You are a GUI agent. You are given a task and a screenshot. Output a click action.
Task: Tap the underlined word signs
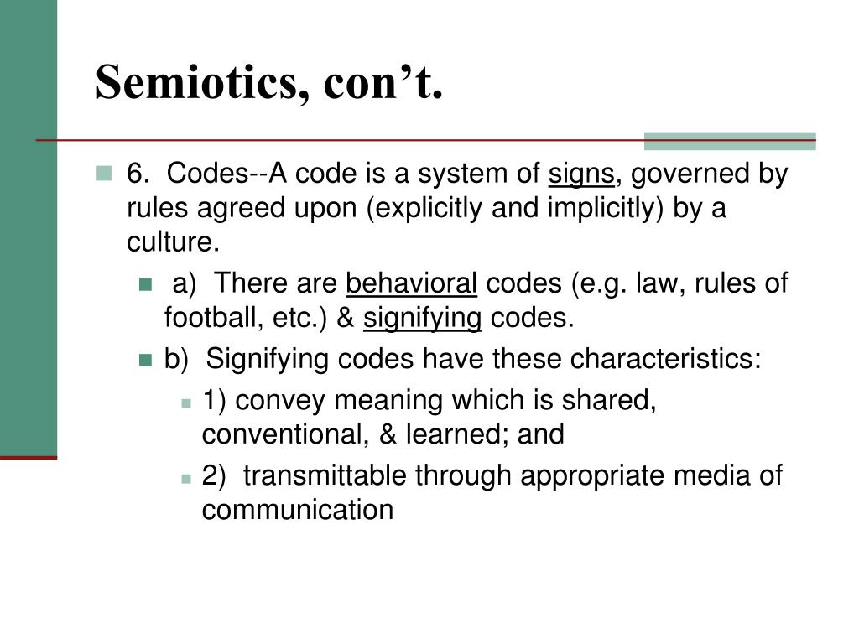[x=581, y=174]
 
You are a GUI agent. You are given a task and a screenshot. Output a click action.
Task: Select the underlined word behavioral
[x=411, y=283]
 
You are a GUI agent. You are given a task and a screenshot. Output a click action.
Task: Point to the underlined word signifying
[x=423, y=319]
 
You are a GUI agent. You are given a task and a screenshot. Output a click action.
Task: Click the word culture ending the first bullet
[x=173, y=241]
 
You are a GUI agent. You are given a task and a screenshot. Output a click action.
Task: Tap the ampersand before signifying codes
[x=345, y=318]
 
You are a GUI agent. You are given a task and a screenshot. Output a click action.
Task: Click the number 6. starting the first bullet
[x=138, y=174]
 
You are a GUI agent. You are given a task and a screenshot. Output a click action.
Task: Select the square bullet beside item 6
[x=103, y=173]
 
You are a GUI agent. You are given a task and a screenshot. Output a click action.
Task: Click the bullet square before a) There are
[x=145, y=284]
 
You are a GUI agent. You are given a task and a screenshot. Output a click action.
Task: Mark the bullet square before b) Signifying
[x=145, y=360]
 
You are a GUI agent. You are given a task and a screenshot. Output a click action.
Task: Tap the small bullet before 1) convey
[x=186, y=403]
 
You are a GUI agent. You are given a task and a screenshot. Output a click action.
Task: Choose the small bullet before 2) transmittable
[x=186, y=479]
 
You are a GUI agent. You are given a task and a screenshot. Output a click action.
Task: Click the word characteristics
[x=665, y=359]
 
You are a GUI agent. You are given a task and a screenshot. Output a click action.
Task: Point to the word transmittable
[x=325, y=475]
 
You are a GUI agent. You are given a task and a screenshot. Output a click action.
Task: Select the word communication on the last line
[x=298, y=510]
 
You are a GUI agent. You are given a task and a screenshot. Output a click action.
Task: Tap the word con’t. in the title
[x=383, y=82]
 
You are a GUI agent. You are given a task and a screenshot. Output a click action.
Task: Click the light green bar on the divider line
[x=730, y=141]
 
